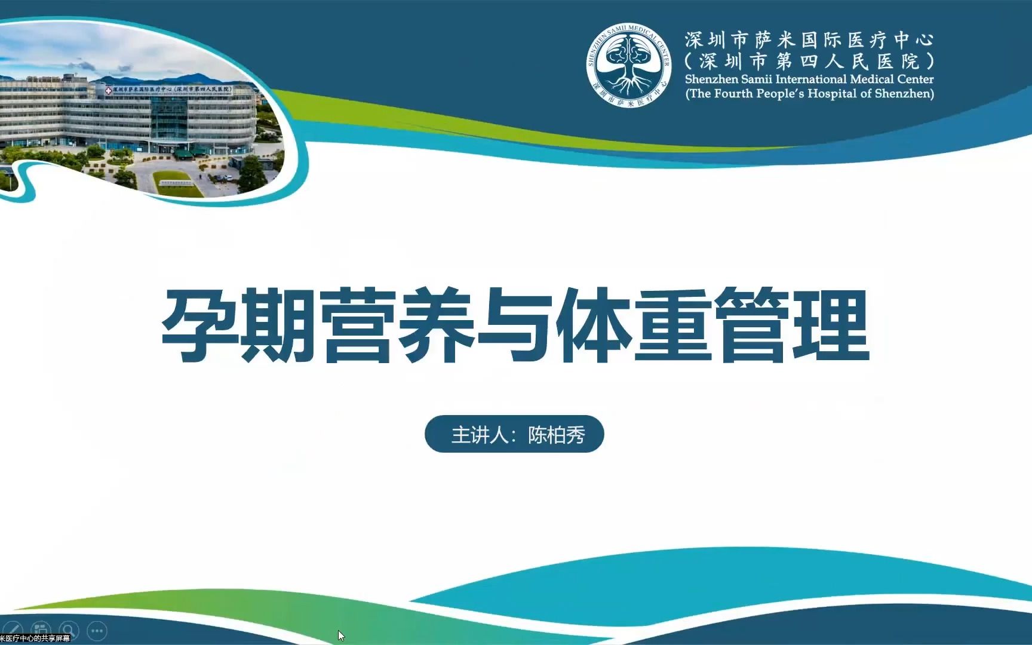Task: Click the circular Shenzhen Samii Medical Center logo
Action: click(x=629, y=65)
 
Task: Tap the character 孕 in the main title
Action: click(x=199, y=325)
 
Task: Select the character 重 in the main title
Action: click(x=673, y=325)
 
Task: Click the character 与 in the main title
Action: click(x=515, y=325)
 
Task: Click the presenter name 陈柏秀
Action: click(x=556, y=435)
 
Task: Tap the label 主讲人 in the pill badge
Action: click(x=480, y=435)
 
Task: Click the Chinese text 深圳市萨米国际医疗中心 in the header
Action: click(x=809, y=40)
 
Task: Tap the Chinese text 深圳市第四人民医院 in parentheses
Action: click(x=809, y=61)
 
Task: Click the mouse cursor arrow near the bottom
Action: click(x=341, y=635)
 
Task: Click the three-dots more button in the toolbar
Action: click(x=97, y=630)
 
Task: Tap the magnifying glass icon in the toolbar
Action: click(x=69, y=630)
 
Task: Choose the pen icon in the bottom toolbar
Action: click(x=13, y=629)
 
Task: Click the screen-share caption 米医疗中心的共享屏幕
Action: click(x=35, y=638)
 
